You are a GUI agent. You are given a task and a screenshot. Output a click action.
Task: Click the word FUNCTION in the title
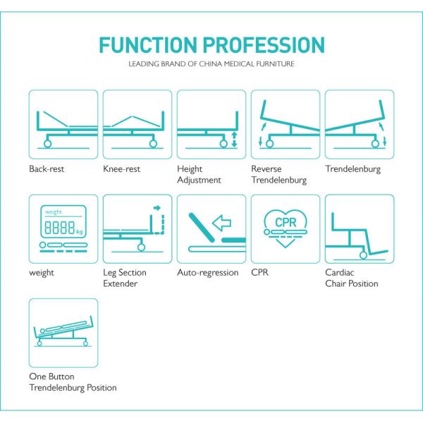pos(148,45)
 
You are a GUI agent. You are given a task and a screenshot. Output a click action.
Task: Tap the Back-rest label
pos(47,169)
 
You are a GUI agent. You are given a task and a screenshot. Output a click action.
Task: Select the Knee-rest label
pos(121,169)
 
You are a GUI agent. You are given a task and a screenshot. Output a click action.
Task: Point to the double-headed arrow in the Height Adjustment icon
pos(234,139)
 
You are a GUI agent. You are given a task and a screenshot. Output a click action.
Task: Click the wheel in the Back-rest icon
pos(47,144)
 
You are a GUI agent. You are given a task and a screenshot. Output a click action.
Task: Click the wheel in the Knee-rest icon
pos(153,144)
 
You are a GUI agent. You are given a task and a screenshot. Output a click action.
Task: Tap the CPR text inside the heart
pos(286,223)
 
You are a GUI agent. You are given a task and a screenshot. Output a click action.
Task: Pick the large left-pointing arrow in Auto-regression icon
pos(222,223)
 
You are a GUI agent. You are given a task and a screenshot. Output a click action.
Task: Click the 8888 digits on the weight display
pos(59,227)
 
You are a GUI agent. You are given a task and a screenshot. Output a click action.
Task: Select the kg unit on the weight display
pos(79,231)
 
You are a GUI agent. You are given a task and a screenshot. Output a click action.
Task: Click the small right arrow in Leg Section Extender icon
pos(157,208)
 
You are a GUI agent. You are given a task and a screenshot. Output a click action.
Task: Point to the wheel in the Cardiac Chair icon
pos(363,255)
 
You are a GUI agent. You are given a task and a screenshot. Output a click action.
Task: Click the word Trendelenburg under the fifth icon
pos(353,169)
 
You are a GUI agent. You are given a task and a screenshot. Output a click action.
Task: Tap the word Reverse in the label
pos(266,169)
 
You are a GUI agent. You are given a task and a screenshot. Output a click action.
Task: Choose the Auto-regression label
pos(208,273)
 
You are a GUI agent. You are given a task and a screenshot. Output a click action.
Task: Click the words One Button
pos(51,376)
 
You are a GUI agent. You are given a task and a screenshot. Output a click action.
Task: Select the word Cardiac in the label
pos(339,272)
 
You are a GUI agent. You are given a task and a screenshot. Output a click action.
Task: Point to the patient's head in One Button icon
pos(42,331)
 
